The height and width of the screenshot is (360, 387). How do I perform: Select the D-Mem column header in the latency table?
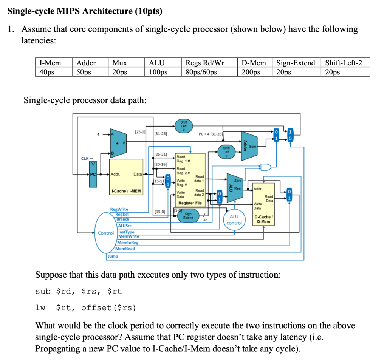[253, 63]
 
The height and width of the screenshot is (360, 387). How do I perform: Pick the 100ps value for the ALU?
[158, 72]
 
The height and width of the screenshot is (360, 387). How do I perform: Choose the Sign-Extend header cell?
[296, 63]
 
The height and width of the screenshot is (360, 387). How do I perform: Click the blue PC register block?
[93, 179]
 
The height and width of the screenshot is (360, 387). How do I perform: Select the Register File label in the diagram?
[190, 203]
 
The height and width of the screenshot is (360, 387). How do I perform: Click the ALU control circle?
[234, 219]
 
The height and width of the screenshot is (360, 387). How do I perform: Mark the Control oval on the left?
[106, 233]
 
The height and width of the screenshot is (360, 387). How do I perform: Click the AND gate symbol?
[265, 167]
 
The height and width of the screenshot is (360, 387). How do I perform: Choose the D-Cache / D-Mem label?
[263, 219]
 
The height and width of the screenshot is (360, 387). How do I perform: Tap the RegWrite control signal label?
[119, 209]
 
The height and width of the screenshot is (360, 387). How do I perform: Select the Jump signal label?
[113, 256]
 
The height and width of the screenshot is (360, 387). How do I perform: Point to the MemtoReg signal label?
[128, 243]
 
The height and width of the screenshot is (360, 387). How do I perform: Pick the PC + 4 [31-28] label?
[211, 133]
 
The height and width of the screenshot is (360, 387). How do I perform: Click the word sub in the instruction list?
[42, 291]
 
